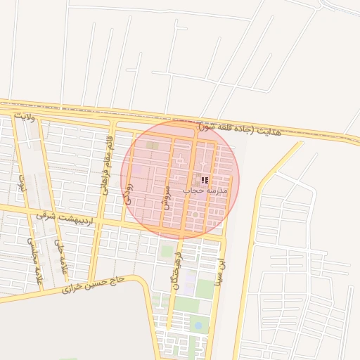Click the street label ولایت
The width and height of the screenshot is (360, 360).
[23, 116]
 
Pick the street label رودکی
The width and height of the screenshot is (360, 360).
[127, 194]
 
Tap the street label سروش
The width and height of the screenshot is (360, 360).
[167, 198]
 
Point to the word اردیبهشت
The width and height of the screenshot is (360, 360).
[75, 217]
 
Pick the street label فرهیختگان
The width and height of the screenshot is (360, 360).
[176, 271]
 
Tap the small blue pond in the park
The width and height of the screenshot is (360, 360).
[198, 325]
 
